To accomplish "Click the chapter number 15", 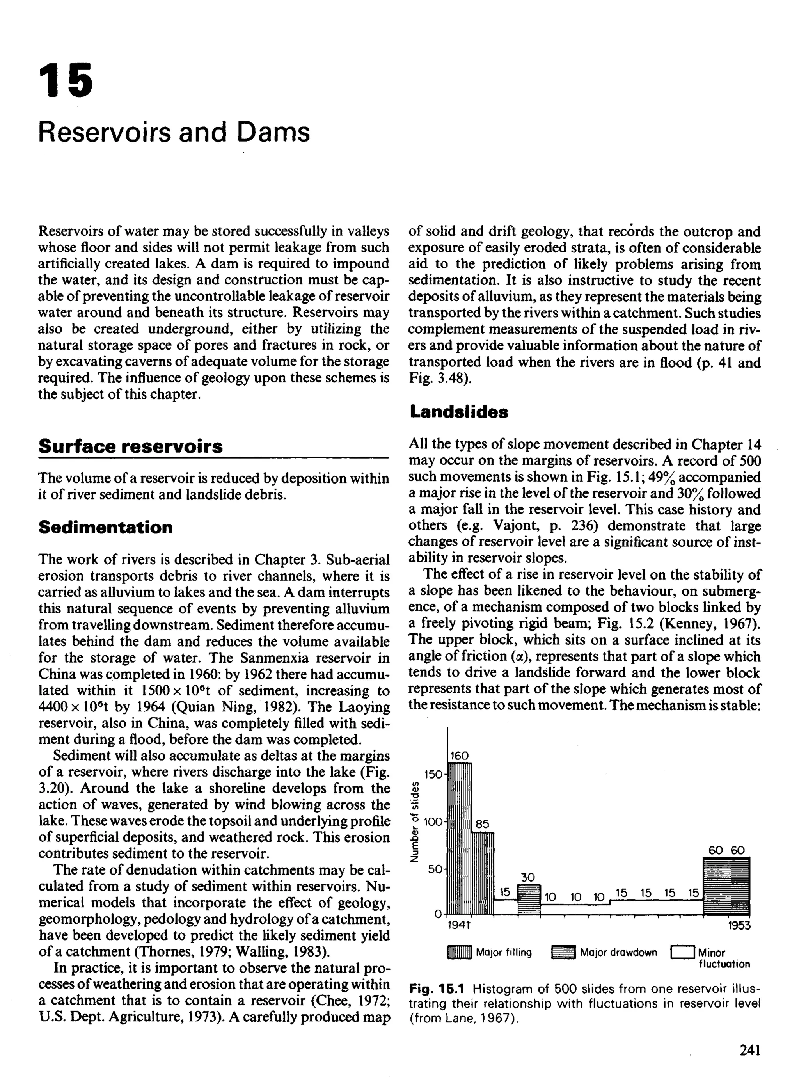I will point(65,79).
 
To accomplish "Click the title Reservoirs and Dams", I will point(174,132).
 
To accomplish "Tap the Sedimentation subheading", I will point(105,527).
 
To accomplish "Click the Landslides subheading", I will point(458,412).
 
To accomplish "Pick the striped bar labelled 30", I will point(528,899).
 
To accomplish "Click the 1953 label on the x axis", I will point(739,925).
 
